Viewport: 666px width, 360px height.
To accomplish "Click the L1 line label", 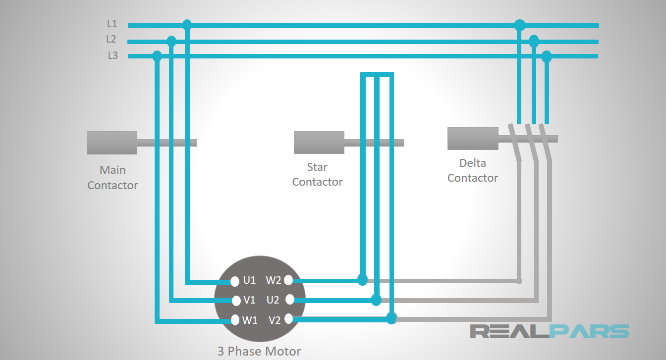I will (112, 23).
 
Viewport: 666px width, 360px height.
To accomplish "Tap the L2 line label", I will (111, 39).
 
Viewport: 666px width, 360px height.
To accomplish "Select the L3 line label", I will (112, 55).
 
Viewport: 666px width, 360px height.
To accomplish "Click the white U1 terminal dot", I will (235, 282).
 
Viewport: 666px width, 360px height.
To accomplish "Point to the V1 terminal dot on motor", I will (236, 301).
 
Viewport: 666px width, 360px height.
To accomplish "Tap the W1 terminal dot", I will (235, 320).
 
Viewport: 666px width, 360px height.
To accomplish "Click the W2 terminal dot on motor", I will (288, 280).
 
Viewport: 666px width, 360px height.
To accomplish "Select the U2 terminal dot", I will (290, 299).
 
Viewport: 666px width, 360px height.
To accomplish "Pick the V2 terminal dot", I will (288, 319).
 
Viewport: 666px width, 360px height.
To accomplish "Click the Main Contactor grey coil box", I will (112, 143).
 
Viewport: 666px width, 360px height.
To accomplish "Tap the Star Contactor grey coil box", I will (319, 143).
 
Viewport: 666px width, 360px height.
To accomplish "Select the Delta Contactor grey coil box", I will (473, 139).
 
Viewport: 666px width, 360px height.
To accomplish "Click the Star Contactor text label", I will (317, 174).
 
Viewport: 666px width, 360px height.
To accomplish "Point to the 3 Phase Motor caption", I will (259, 352).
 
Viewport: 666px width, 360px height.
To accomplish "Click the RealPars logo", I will (549, 331).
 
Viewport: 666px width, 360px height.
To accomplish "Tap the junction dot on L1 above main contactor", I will (187, 24).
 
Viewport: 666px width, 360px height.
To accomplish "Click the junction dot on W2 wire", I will (362, 280).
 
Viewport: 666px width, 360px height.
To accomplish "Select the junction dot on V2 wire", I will (391, 318).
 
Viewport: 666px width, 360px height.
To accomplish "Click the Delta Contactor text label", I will (472, 170).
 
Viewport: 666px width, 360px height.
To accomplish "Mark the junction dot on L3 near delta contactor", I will (547, 56).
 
